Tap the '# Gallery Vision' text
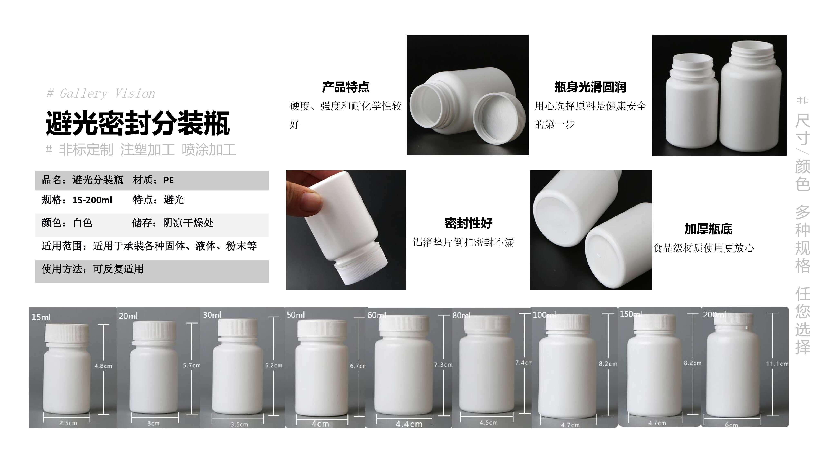[x=100, y=93]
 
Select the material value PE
[x=169, y=180]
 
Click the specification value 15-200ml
[x=92, y=200]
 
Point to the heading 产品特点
[x=346, y=87]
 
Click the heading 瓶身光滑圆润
[x=590, y=87]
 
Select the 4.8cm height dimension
[x=103, y=366]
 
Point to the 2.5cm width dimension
[x=68, y=422]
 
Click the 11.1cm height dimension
[x=777, y=364]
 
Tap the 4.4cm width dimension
[x=409, y=424]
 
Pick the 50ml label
[x=296, y=315]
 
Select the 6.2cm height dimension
[x=274, y=365]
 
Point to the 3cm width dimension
[x=154, y=423]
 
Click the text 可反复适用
[x=118, y=269]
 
